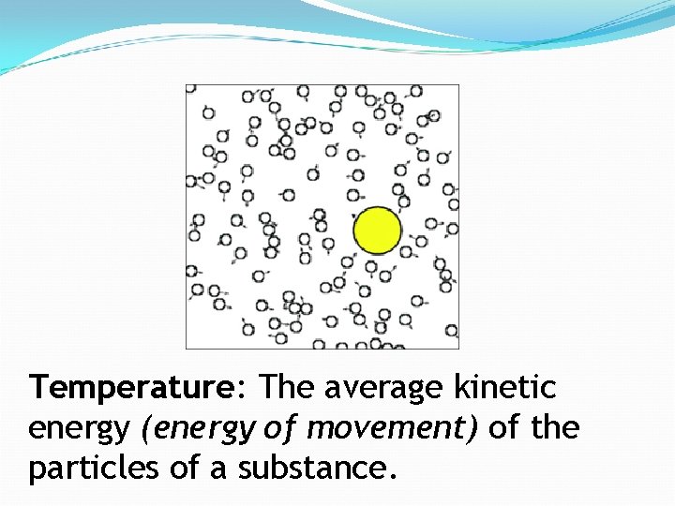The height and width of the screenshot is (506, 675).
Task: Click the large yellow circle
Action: click(378, 231)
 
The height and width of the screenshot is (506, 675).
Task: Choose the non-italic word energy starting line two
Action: click(79, 429)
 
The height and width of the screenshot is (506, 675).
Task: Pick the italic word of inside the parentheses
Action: click(277, 427)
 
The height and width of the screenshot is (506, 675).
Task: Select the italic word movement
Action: click(383, 427)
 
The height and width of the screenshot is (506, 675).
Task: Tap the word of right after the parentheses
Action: click(504, 427)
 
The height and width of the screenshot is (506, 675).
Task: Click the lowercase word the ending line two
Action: click(556, 427)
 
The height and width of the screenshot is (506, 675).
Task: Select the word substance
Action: click(308, 468)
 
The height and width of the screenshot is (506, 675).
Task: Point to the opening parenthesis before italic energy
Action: click(144, 429)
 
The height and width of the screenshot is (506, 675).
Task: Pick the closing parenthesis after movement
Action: click(474, 428)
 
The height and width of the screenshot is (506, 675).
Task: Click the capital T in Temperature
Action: click(39, 386)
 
